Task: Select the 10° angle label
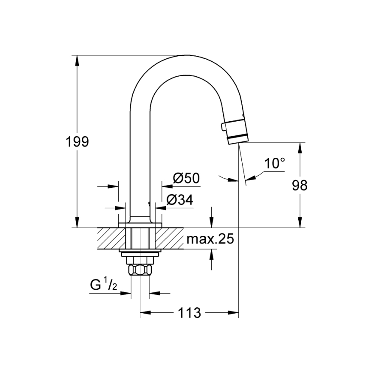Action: click(x=274, y=163)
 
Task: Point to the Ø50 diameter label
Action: click(x=186, y=178)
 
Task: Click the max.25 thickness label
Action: click(x=210, y=239)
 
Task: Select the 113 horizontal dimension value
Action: click(x=189, y=313)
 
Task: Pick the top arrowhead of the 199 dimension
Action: click(x=77, y=60)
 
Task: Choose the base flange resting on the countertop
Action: click(x=140, y=225)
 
